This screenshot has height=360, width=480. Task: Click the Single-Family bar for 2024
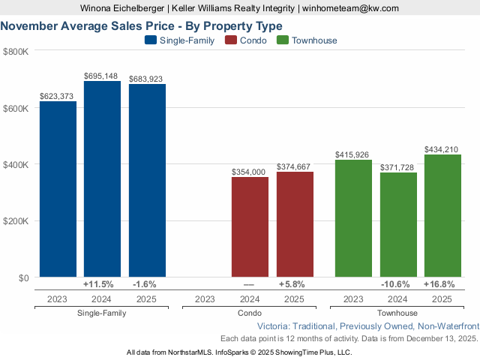click(x=102, y=179)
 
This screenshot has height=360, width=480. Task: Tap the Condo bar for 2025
click(x=295, y=225)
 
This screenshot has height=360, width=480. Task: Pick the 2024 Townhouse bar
click(x=398, y=225)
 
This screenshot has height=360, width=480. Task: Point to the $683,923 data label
click(x=146, y=79)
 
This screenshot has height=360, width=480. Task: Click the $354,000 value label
click(x=250, y=172)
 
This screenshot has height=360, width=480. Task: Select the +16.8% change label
click(x=442, y=284)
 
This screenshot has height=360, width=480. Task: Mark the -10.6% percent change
click(x=398, y=284)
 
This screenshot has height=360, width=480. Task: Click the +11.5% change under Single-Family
click(x=97, y=284)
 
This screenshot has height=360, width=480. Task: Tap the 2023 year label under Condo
click(x=205, y=299)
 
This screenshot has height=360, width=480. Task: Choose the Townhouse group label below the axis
click(x=398, y=313)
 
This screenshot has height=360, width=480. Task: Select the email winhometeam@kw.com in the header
click(x=351, y=8)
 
